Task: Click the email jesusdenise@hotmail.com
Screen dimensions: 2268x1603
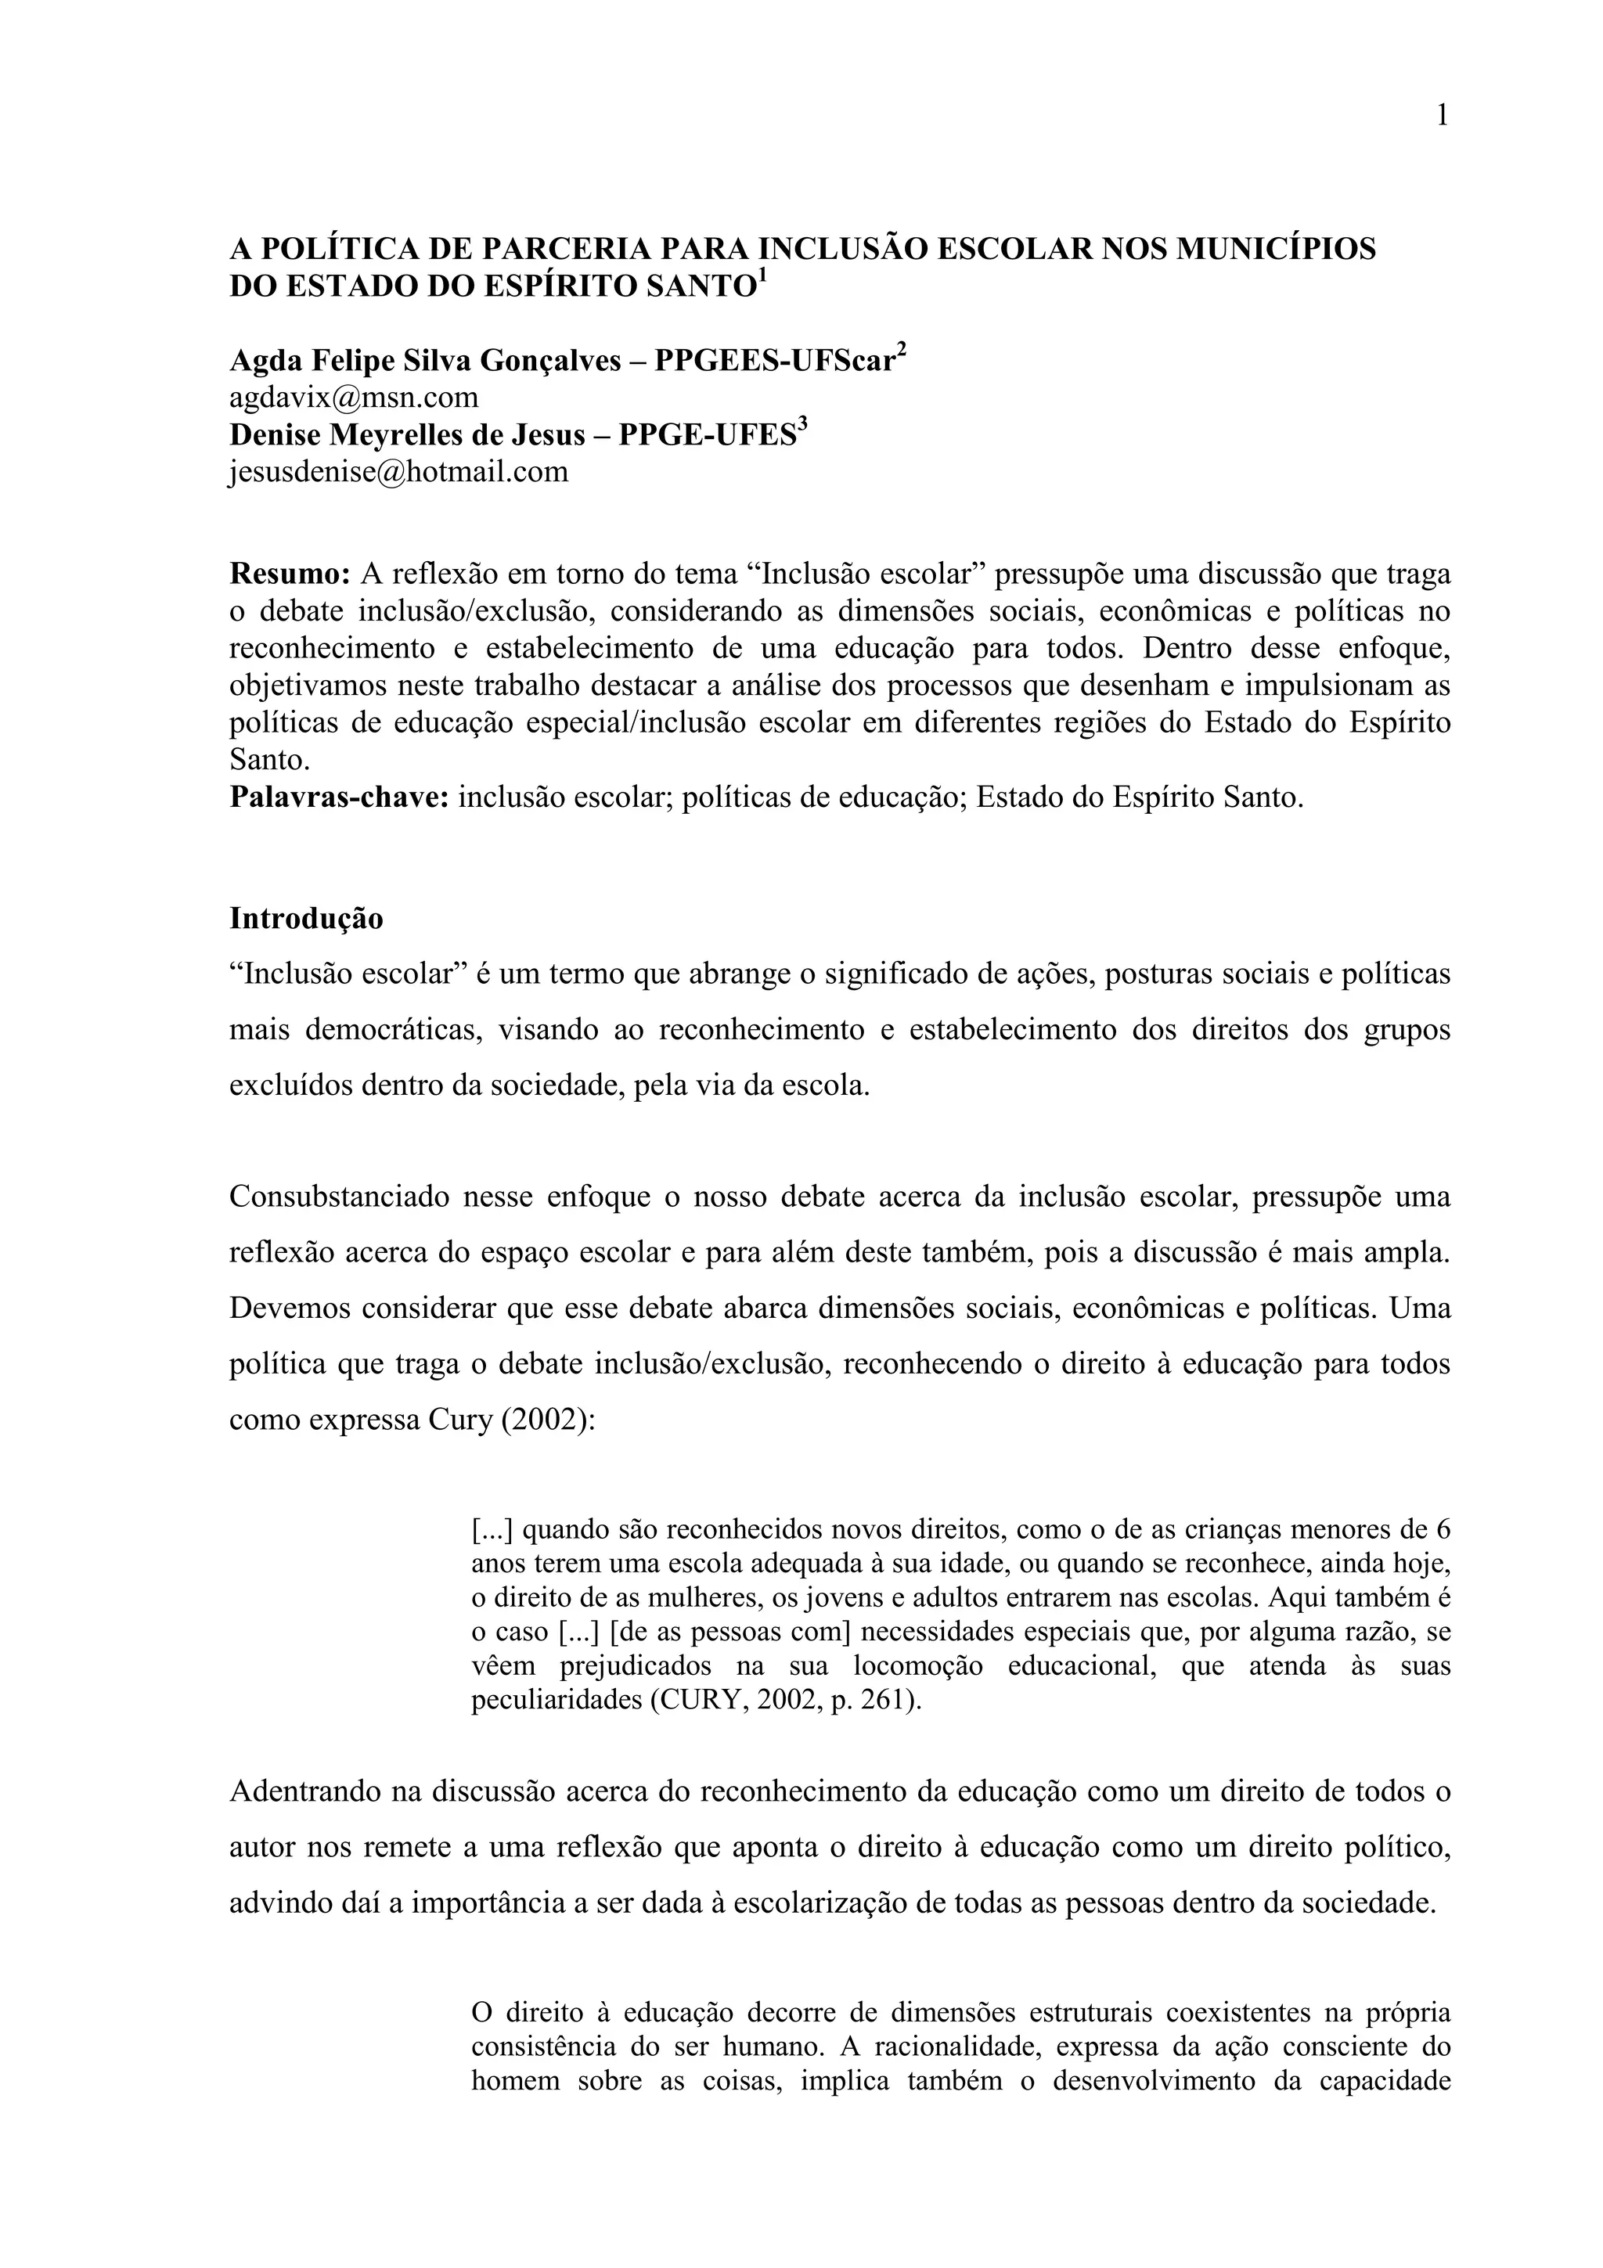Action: (399, 471)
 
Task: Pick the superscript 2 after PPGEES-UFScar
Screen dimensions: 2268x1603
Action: (901, 351)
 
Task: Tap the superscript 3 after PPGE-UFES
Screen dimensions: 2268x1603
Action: (802, 425)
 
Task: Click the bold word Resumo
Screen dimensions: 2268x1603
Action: (290, 573)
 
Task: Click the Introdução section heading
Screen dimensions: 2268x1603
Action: (306, 918)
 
